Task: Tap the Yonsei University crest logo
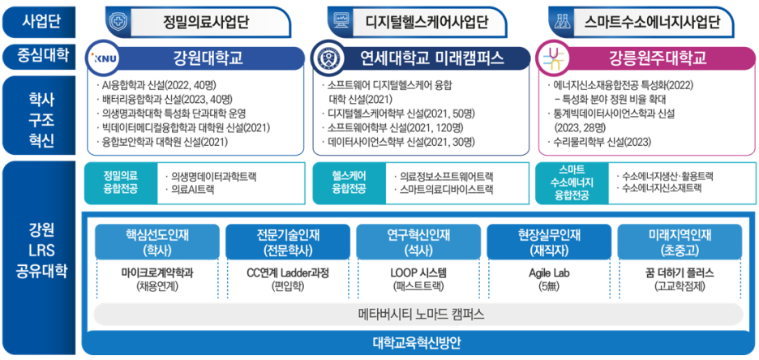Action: [331, 58]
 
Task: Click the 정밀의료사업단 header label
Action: [205, 21]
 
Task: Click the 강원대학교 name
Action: [208, 58]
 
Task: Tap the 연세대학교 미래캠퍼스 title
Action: [431, 58]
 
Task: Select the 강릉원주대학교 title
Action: [657, 58]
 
